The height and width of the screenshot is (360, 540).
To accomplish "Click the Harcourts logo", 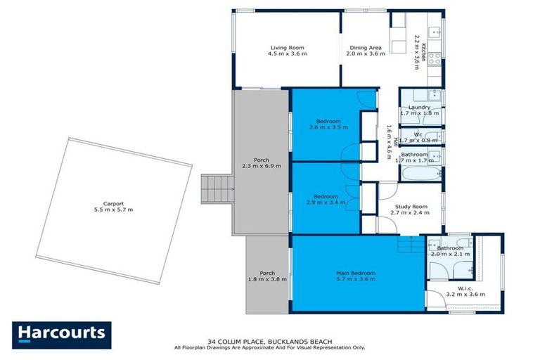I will click(62, 333).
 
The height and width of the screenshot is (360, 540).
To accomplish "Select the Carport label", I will click(114, 203).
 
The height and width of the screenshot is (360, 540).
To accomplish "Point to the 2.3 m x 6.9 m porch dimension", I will click(261, 166).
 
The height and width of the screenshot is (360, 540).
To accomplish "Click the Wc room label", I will click(418, 134).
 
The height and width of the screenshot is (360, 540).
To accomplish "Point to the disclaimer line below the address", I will click(270, 347).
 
